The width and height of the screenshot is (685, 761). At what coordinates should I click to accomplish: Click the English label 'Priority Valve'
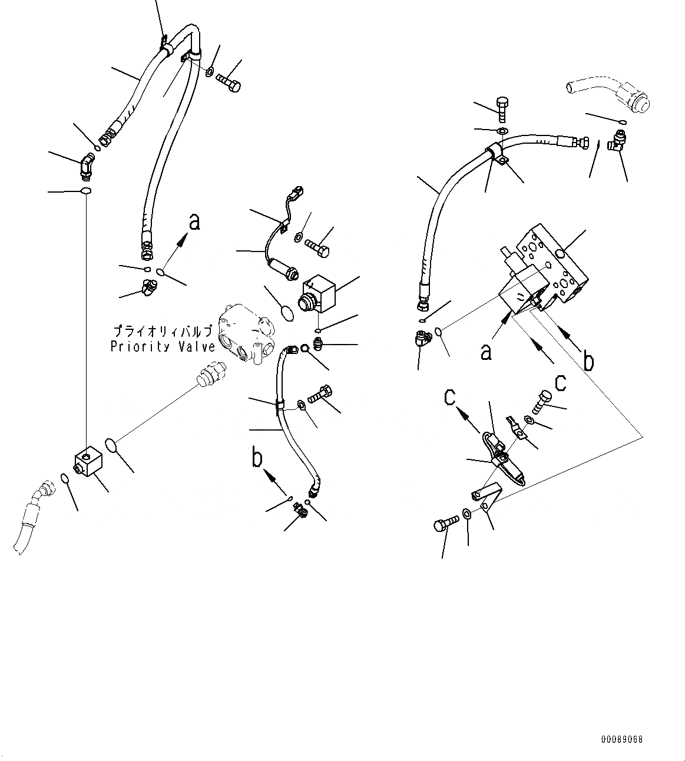163,346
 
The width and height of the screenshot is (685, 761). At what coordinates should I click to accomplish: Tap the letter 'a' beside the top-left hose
194,223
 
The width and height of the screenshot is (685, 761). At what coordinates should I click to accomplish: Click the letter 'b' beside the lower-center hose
257,458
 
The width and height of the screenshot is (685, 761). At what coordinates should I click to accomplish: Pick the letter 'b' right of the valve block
588,360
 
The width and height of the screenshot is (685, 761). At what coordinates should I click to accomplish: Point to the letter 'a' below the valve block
486,352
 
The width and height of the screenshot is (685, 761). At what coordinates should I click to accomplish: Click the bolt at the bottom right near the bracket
446,521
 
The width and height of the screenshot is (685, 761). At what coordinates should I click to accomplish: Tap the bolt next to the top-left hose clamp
230,83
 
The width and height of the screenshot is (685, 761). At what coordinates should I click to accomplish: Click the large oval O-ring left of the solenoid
286,312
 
